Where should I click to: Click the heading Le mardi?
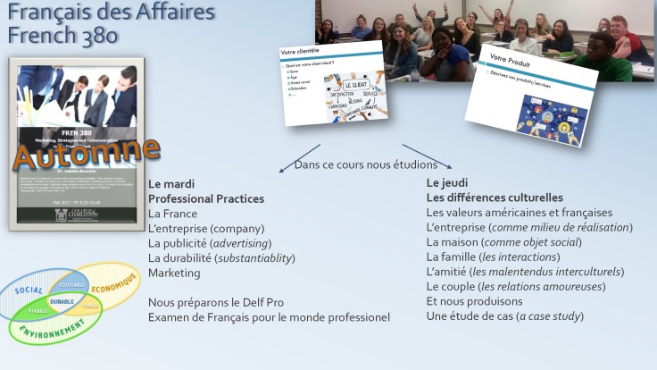[x=171, y=183]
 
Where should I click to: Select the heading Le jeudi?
[x=447, y=182]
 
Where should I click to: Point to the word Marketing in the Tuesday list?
[x=175, y=273]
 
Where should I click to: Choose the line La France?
[x=174, y=214]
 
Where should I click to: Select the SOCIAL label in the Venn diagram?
[x=29, y=291]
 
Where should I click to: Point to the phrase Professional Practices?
[x=206, y=198]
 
